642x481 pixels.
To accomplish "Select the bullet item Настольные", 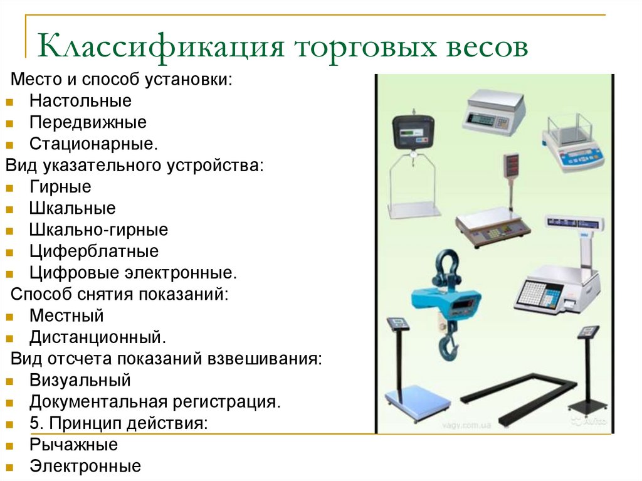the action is coord(80,101).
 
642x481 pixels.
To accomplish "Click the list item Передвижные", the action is coord(88,122).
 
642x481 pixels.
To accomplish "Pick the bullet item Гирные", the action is coord(61,187).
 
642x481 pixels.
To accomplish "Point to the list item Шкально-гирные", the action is coord(98,230).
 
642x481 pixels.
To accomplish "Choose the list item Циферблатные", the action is coord(94,251).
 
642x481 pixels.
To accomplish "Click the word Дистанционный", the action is coord(97,337).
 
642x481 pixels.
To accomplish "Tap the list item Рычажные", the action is coord(74,445).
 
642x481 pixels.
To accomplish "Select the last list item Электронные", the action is coord(85,466).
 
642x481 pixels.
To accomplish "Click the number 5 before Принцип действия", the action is coord(35,423).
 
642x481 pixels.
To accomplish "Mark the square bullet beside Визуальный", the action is coord(9,382).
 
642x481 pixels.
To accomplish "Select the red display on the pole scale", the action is coord(510,166).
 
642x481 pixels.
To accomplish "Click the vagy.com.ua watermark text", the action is coord(466,425).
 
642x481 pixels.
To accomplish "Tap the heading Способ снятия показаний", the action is coord(119,294).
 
